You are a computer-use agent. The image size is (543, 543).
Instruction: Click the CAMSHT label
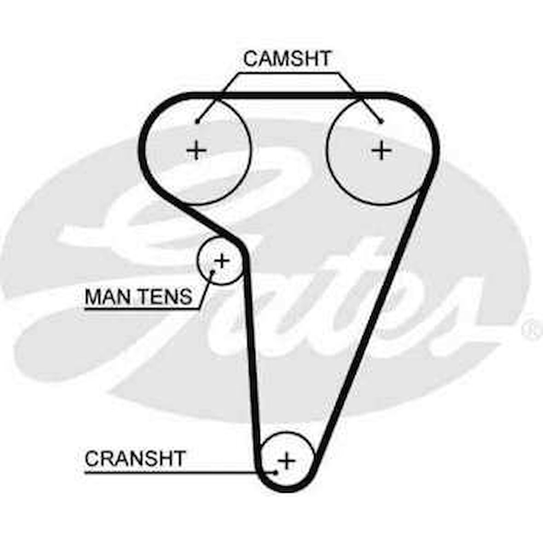287,58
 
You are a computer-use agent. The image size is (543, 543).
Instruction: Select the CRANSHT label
135,458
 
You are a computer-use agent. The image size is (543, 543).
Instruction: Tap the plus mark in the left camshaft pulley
196,150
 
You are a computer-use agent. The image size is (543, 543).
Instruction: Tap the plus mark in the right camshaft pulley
381,150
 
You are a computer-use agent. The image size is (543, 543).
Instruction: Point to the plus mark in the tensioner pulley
222,261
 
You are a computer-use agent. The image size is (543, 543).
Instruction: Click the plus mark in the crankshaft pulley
287,460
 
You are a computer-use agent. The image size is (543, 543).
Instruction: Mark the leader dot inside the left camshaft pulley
197,121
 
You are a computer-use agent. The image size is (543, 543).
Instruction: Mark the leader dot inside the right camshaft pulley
381,121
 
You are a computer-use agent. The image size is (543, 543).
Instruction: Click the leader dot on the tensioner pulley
213,272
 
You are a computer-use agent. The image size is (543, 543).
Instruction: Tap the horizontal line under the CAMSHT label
287,72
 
